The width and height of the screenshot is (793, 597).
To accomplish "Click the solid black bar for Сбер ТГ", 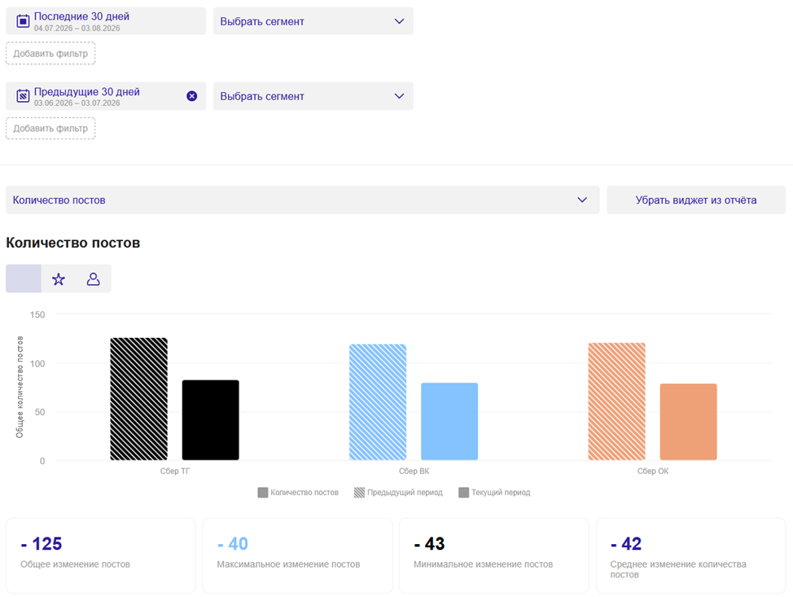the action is [x=210, y=420].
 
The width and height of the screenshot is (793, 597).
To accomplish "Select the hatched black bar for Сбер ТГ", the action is [x=138, y=398].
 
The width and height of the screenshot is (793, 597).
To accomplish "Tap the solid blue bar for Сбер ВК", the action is [x=449, y=421].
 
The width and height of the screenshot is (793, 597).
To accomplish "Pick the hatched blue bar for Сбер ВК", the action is [x=378, y=402].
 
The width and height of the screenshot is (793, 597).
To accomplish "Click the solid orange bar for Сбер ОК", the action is [x=688, y=422].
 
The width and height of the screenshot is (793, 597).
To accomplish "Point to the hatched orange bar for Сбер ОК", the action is [x=616, y=402].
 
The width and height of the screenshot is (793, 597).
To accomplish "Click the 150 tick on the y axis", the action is [x=37, y=314].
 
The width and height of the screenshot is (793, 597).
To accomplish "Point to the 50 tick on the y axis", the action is [x=40, y=412].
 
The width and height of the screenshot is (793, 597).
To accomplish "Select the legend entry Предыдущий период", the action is [x=398, y=492].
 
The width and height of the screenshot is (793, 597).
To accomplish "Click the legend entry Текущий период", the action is [x=495, y=492].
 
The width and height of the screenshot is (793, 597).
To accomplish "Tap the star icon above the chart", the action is [x=59, y=279].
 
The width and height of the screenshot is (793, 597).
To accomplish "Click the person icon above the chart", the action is [x=93, y=279].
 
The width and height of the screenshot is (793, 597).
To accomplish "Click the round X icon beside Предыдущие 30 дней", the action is [x=191, y=96].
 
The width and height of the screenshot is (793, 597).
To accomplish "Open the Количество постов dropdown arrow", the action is [x=582, y=200].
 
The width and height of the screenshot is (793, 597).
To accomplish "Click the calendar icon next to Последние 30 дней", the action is [x=23, y=20].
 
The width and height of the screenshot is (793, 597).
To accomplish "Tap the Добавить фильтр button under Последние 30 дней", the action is [x=50, y=54].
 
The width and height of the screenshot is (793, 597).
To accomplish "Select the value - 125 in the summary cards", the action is [x=42, y=544].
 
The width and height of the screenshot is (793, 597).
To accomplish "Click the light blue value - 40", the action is [x=233, y=544].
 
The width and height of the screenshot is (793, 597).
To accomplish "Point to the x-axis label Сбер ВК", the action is [x=414, y=471].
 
